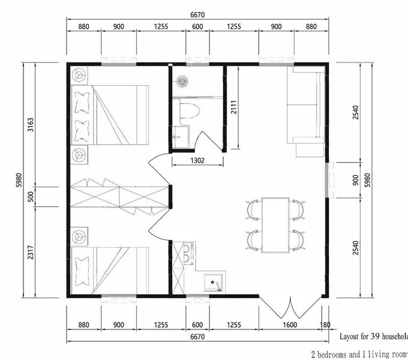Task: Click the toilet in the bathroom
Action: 189,112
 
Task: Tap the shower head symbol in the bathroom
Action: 182,82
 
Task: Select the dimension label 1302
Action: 197,160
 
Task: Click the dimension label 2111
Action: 234,107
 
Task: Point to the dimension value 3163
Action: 31,125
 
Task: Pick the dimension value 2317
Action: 31,252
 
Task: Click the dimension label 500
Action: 31,197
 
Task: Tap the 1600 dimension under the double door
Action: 290,325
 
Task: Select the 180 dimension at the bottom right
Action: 325,325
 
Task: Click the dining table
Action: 275,225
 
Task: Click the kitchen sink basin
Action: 214,282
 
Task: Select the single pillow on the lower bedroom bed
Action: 82,271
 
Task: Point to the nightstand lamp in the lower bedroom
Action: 79,236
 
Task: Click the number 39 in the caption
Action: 375,337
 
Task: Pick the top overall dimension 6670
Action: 197,15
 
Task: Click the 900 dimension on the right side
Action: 355,180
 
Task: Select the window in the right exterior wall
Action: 329,180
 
